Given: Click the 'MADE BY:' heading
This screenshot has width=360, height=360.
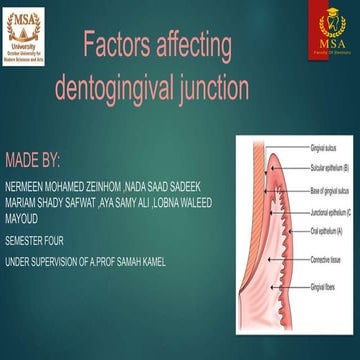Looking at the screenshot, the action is pyautogui.click(x=33, y=159).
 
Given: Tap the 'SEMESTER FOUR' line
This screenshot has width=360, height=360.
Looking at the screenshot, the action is pyautogui.click(x=37, y=241).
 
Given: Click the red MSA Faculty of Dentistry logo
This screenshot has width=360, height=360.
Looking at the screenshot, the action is pyautogui.click(x=331, y=34).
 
